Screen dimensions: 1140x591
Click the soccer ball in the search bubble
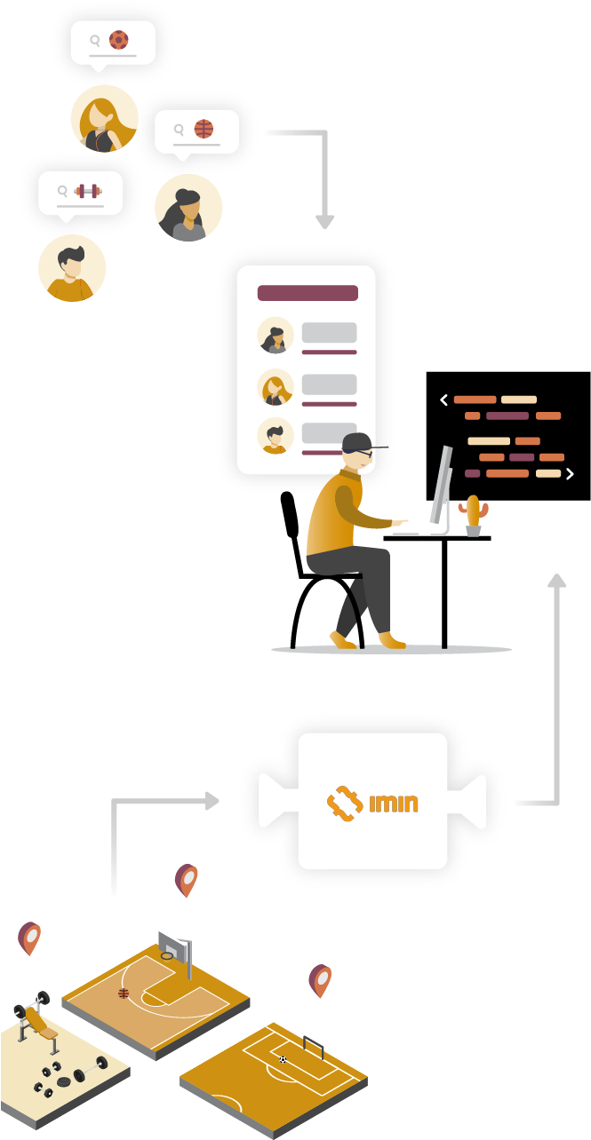point(118,40)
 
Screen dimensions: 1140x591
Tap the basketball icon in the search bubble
point(204,129)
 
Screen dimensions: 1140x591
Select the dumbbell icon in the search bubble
point(88,191)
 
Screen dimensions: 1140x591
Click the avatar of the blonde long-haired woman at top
point(105,118)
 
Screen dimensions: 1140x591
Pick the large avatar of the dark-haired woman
point(188,208)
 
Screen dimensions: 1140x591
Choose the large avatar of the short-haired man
point(72,268)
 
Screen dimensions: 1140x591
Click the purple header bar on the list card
point(307,293)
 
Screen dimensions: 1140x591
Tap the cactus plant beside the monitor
point(473,514)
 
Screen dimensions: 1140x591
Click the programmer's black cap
point(359,442)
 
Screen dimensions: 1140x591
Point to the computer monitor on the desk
point(442,487)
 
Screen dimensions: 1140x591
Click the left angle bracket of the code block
point(444,400)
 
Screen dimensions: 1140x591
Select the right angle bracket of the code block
point(570,474)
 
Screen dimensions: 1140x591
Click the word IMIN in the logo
point(393,804)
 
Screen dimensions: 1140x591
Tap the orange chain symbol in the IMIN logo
point(344,804)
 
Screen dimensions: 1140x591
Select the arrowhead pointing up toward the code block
point(556,581)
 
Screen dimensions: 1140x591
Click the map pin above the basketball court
point(187,880)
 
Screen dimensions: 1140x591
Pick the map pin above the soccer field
point(320,979)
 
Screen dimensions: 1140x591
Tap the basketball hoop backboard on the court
point(175,946)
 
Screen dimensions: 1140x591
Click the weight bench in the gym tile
point(38,1025)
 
